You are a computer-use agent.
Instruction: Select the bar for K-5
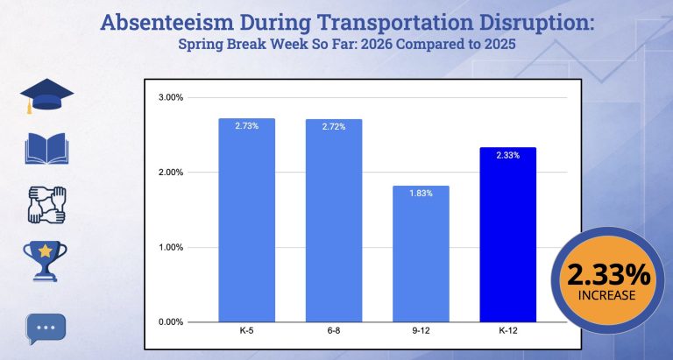pyautogui.click(x=246, y=219)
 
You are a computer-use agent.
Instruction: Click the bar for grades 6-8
pyautogui.click(x=333, y=219)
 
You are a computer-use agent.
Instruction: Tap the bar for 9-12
pyautogui.click(x=420, y=253)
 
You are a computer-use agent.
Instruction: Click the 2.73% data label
pyautogui.click(x=246, y=126)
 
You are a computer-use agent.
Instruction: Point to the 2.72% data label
pyautogui.click(x=333, y=127)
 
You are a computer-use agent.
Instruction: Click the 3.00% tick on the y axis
pyautogui.click(x=171, y=97)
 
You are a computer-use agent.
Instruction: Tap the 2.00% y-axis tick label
pyautogui.click(x=171, y=172)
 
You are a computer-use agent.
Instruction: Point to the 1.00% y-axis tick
pyautogui.click(x=171, y=247)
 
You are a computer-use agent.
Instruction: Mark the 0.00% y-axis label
pyautogui.click(x=171, y=321)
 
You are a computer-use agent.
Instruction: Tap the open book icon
pyautogui.click(x=46, y=149)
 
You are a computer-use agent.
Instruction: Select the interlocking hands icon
pyautogui.click(x=46, y=204)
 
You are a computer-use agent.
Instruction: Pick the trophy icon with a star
pyautogui.click(x=45, y=260)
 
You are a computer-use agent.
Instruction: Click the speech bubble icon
pyautogui.click(x=46, y=329)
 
